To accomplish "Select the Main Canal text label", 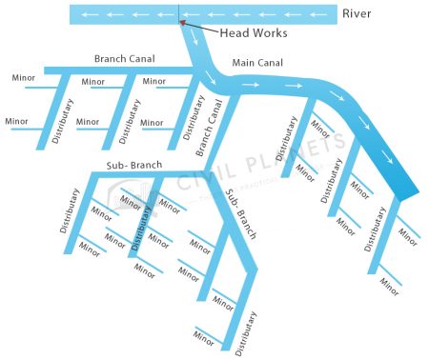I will (x=257, y=63).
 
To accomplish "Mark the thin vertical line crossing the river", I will (x=178, y=14).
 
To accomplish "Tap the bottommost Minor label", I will (x=203, y=335).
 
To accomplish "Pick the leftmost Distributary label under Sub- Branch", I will (x=70, y=211).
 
